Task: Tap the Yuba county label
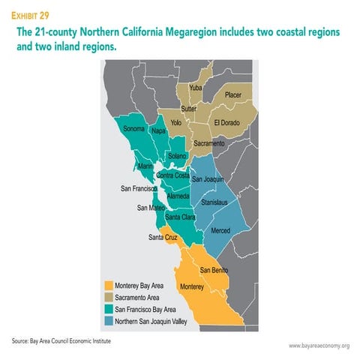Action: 196,88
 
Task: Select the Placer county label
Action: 233,95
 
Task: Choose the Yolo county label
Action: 176,122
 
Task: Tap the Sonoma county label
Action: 133,129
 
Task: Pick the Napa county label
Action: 158,130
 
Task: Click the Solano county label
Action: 177,156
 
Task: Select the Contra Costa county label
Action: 172,175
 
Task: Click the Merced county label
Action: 220,230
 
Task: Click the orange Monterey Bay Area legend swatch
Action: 109,286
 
